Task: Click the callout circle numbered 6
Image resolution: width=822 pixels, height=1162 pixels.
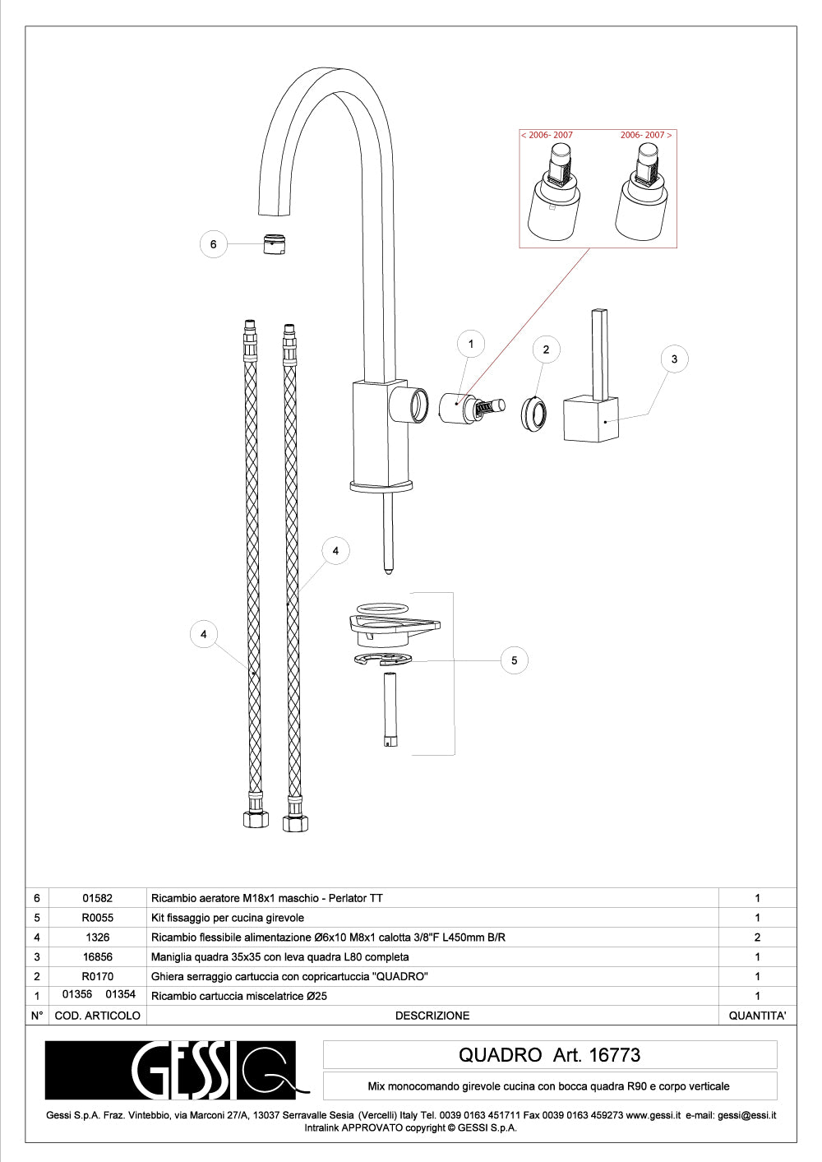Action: click(214, 244)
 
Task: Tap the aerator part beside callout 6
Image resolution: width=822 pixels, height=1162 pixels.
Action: click(275, 244)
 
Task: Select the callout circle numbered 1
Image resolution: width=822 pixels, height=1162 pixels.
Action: click(471, 344)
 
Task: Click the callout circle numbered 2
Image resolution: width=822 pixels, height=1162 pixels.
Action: click(546, 350)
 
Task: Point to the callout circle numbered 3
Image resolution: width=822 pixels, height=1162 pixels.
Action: click(675, 359)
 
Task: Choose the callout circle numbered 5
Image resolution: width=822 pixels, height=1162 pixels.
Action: click(515, 660)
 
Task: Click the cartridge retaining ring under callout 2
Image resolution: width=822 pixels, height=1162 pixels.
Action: click(533, 412)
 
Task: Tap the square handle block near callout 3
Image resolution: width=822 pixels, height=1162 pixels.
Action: click(590, 419)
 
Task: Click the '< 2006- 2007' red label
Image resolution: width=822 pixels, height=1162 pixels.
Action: click(547, 135)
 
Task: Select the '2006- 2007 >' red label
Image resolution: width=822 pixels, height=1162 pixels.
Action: click(645, 135)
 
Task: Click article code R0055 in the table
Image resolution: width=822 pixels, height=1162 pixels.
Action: click(97, 918)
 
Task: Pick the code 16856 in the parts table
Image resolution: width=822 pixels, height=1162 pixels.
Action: click(97, 957)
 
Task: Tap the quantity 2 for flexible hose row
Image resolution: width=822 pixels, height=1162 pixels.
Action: click(757, 937)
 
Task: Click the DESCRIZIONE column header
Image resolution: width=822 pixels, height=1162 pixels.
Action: click(432, 1016)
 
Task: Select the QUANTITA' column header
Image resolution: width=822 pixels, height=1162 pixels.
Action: click(757, 1016)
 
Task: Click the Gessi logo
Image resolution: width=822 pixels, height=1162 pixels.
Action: click(171, 1070)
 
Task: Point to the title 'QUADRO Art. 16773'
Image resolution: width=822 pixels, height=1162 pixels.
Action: click(549, 1055)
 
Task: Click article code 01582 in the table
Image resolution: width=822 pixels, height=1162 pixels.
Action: click(97, 898)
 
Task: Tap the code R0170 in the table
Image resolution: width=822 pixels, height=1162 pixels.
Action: click(97, 977)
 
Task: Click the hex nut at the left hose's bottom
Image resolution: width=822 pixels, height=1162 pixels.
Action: click(256, 819)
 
